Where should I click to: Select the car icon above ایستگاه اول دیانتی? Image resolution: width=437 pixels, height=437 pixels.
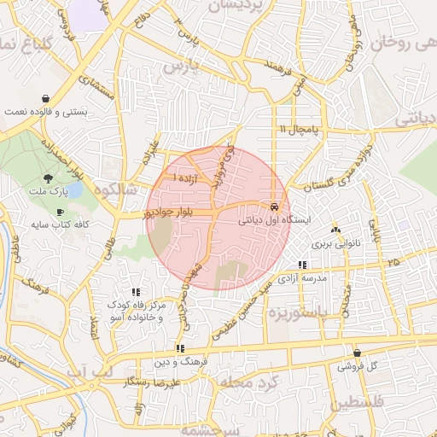[x=273, y=207]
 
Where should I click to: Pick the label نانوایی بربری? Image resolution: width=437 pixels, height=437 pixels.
[x=335, y=243]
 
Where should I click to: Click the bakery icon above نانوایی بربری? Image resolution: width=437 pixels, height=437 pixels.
[x=335, y=230]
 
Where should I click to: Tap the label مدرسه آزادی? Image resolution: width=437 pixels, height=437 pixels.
[x=305, y=279]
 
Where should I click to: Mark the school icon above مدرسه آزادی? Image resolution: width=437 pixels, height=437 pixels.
[x=303, y=265]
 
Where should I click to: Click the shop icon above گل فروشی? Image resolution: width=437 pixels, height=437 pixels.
[x=357, y=353]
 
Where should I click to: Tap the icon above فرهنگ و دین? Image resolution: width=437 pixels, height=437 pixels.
[x=179, y=348]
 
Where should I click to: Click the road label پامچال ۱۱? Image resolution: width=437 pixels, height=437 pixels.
[x=298, y=128]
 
